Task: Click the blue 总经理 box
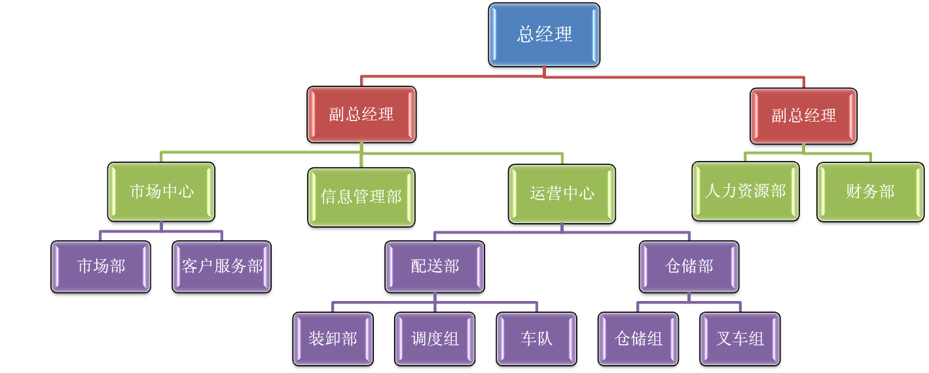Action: click(544, 35)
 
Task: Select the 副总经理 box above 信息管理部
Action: click(361, 115)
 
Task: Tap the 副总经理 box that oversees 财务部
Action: click(803, 116)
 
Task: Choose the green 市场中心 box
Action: click(161, 192)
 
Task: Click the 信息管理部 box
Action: click(361, 197)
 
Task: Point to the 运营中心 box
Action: click(562, 194)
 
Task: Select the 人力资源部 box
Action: click(745, 191)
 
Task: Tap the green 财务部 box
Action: click(869, 192)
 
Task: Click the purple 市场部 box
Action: click(101, 266)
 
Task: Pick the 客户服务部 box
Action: click(222, 266)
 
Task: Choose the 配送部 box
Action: click(435, 266)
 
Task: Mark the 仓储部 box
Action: click(689, 266)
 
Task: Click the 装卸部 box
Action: click(333, 339)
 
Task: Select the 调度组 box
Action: click(435, 339)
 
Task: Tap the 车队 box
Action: click(536, 339)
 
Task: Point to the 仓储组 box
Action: click(638, 339)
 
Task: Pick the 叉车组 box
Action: click(740, 339)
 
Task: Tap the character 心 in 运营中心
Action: click(586, 194)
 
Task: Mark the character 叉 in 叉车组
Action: click(724, 339)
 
